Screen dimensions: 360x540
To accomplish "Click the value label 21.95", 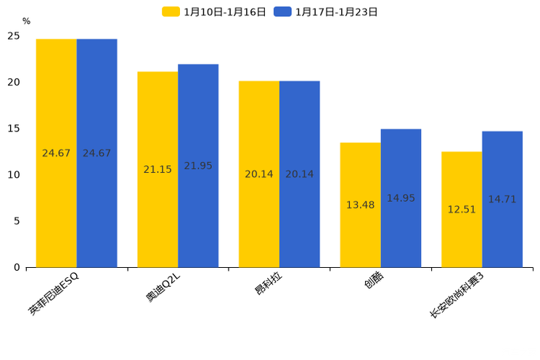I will tap(198, 166).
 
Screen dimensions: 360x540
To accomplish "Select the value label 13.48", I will tap(360, 205).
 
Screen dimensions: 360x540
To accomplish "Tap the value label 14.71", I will tap(502, 200).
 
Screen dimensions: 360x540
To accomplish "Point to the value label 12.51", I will tap(462, 210).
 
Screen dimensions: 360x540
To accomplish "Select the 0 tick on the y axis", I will tap(16, 268).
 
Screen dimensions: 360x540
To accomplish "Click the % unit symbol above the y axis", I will tap(26, 22).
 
